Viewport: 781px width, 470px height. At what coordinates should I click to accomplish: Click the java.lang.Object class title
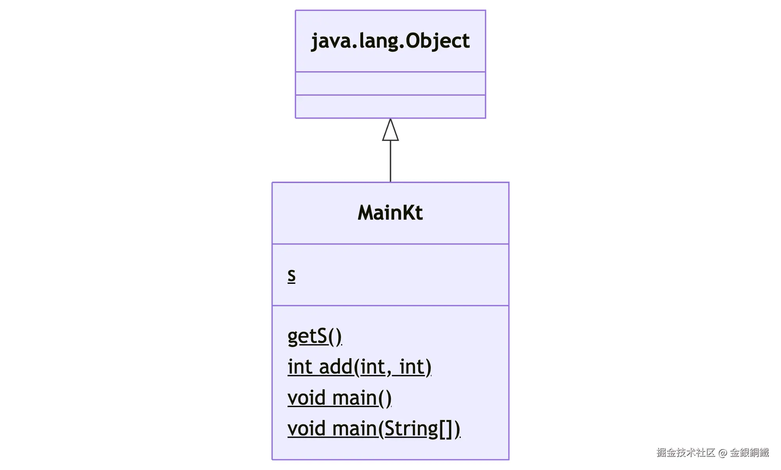tap(390, 41)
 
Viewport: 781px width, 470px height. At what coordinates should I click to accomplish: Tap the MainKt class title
tap(390, 213)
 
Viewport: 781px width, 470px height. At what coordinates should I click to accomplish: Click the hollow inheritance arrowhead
tap(390, 131)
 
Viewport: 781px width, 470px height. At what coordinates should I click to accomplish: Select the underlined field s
tap(291, 275)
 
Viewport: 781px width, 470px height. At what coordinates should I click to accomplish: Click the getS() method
tap(314, 336)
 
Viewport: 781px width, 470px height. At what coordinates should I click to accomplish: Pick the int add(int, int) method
tap(359, 367)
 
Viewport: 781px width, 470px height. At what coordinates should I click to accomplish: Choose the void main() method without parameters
tap(339, 398)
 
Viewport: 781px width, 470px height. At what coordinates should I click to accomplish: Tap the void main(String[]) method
tap(373, 428)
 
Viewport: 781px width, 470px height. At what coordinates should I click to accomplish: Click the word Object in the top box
tap(438, 41)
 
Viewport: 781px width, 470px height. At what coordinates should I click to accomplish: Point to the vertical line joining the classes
tap(390, 161)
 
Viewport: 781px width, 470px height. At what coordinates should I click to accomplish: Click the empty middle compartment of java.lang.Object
tap(390, 83)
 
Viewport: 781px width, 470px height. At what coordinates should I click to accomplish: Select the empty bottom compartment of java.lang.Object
tap(390, 106)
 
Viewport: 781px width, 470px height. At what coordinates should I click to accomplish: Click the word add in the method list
tap(336, 367)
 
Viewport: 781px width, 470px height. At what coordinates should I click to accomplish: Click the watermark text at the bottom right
tap(712, 453)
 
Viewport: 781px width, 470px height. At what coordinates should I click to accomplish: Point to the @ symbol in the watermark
tap(722, 453)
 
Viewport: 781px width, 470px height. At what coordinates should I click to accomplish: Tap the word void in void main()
tap(306, 398)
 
